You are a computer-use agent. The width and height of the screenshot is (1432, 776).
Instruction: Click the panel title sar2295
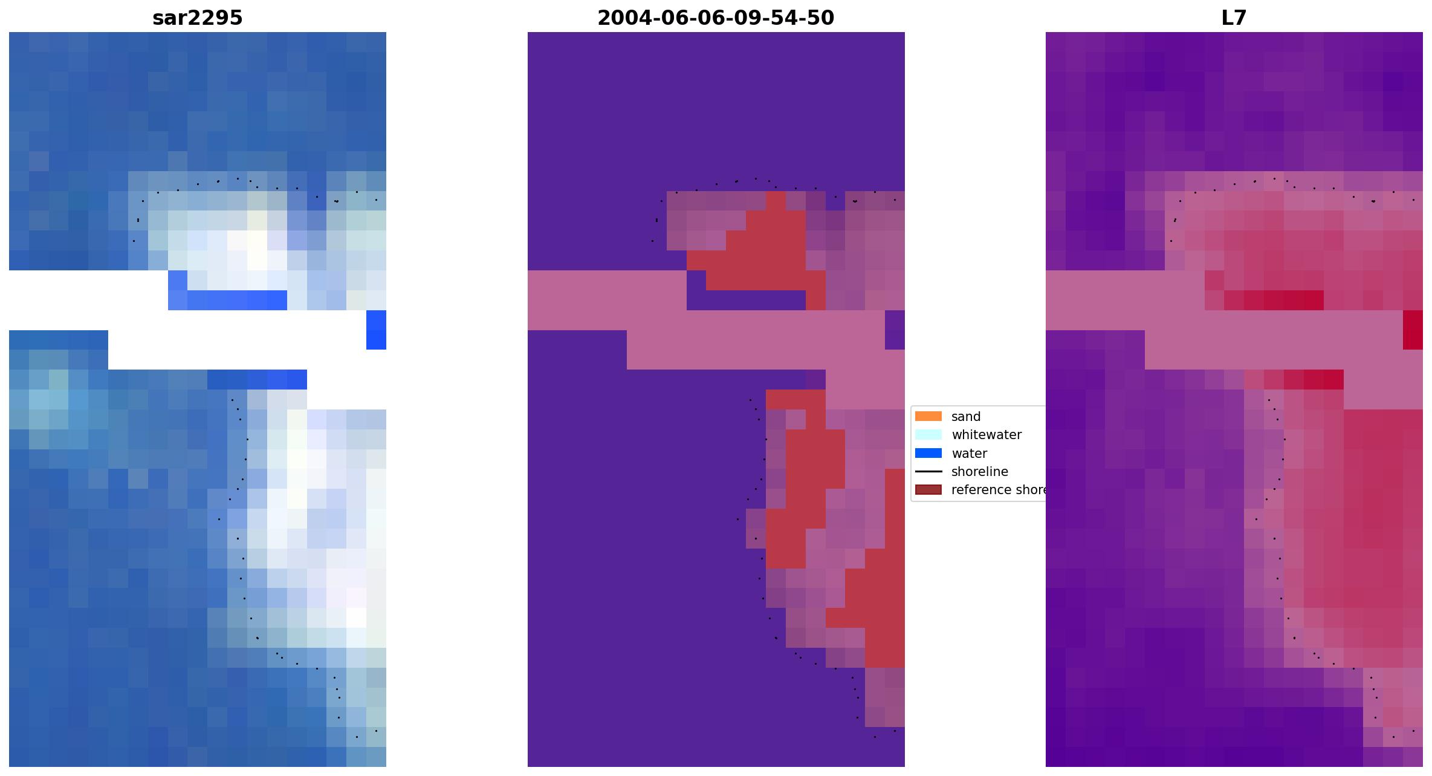(197, 18)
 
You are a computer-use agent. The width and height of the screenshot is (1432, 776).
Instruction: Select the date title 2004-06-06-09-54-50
(716, 18)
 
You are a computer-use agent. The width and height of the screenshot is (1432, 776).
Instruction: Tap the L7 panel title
(1234, 18)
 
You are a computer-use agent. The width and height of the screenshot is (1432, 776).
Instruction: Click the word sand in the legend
(966, 417)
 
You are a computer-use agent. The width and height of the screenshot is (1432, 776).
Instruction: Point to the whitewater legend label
(987, 435)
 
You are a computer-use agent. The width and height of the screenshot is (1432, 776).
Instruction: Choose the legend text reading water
(969, 454)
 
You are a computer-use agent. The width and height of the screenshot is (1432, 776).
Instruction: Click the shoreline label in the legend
(979, 472)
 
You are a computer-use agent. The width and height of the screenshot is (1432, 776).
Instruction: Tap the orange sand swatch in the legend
(928, 416)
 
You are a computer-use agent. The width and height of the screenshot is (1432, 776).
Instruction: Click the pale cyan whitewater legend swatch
(928, 435)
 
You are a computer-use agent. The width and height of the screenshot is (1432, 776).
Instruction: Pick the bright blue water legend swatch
(928, 453)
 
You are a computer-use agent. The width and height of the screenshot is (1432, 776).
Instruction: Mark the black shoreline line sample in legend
(928, 472)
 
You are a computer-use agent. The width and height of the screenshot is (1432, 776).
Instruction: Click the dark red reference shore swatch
(928, 490)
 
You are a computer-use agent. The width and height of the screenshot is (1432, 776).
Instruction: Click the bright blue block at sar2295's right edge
(376, 330)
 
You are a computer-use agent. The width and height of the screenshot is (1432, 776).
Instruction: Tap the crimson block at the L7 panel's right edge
(1413, 330)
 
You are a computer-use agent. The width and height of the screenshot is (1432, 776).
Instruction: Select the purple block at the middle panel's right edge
(895, 330)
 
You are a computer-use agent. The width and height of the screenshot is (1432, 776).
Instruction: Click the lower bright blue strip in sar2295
(257, 379)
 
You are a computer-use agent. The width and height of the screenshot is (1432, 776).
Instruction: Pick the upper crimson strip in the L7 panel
(1274, 300)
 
